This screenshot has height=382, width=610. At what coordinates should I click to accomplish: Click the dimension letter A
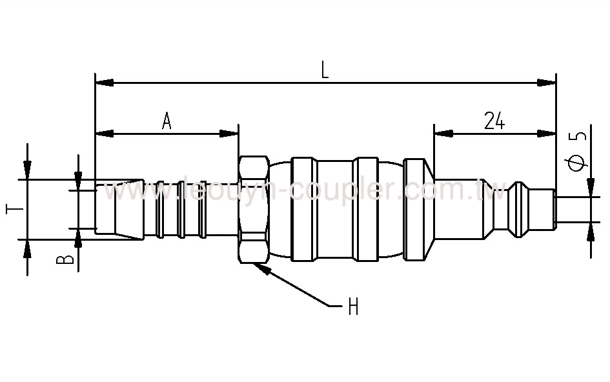[167, 121]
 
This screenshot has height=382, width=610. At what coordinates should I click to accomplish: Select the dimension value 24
[494, 121]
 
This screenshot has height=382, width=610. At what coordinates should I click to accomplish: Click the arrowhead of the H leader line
[261, 268]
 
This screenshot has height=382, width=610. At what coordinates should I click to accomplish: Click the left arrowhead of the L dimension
[104, 83]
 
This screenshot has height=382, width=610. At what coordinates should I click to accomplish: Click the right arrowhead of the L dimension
[547, 83]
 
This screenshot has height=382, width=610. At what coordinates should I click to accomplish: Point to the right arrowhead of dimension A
[230, 134]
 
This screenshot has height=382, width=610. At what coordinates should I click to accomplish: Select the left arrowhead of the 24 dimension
[442, 134]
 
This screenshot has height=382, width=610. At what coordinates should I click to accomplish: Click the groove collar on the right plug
[519, 208]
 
